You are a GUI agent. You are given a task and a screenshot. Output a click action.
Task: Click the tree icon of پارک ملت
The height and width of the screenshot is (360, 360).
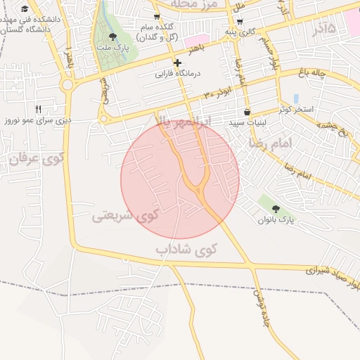(112, 37)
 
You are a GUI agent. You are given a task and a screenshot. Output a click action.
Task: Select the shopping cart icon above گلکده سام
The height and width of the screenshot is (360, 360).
(157, 16)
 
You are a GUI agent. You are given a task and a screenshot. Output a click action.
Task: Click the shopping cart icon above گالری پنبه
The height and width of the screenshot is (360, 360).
(240, 21)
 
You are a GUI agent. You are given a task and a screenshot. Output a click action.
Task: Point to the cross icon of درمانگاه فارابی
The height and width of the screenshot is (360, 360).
(178, 63)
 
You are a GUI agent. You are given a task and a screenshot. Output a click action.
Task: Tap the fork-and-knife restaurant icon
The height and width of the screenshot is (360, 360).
(38, 109)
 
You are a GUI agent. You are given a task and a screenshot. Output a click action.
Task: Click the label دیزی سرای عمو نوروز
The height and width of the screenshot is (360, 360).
(38, 121)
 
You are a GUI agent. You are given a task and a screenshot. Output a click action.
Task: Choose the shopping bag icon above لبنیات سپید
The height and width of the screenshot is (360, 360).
(247, 112)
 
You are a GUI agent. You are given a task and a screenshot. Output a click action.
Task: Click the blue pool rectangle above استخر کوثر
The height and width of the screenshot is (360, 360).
(295, 98)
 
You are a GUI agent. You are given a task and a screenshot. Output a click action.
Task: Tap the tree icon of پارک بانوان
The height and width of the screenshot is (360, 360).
(275, 209)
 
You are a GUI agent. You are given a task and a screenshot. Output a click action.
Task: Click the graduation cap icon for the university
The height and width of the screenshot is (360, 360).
(25, 9)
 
